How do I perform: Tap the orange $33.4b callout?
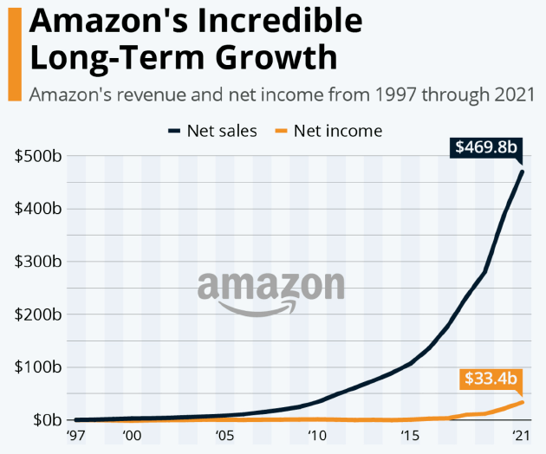coord(491,379)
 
